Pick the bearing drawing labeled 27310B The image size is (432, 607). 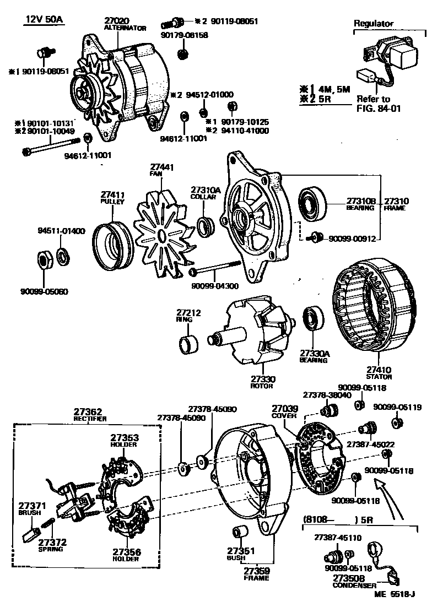pyautogui.click(x=314, y=203)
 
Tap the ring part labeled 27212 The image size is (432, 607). pyautogui.click(x=190, y=345)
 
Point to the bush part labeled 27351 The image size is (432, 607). pyautogui.click(x=239, y=533)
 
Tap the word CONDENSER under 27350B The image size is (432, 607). pyautogui.click(x=354, y=586)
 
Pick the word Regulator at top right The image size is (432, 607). pyautogui.click(x=374, y=24)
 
